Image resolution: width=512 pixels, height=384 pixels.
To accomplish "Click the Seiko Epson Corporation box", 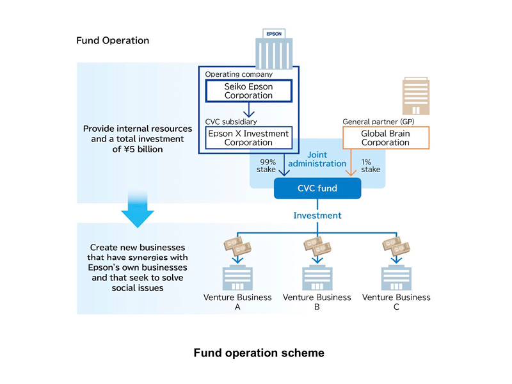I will (x=248, y=90).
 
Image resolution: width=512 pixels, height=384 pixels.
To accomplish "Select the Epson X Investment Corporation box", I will (x=248, y=138).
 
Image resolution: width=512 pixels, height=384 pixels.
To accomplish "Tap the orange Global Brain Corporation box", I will (x=385, y=138).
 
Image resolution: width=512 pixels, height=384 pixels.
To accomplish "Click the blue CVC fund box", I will (x=317, y=188).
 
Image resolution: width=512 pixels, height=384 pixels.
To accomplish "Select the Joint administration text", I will (x=317, y=159).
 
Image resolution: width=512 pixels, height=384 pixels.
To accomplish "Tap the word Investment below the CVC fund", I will (x=317, y=216).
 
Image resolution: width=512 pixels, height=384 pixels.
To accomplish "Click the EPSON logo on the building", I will (x=273, y=33).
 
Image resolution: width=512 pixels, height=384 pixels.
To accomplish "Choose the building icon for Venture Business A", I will (x=237, y=276).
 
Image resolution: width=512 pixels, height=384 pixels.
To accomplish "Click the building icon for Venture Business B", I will (x=317, y=276).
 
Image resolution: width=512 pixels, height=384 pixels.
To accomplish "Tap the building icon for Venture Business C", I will (x=397, y=276).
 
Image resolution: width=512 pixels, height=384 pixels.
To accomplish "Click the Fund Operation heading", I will (x=113, y=40).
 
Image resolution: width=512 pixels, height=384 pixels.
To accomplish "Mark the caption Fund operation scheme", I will (x=259, y=353).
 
